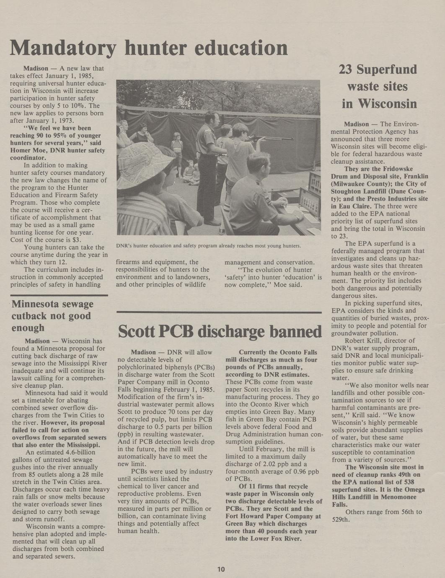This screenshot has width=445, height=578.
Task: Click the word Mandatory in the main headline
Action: (62, 48)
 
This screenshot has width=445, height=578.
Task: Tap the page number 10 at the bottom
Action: (221, 569)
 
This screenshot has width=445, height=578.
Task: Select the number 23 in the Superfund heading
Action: (347, 70)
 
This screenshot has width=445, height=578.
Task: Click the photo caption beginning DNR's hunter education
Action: (208, 246)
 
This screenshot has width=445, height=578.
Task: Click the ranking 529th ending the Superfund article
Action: (340, 519)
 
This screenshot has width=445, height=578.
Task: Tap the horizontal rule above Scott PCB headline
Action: (219, 312)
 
